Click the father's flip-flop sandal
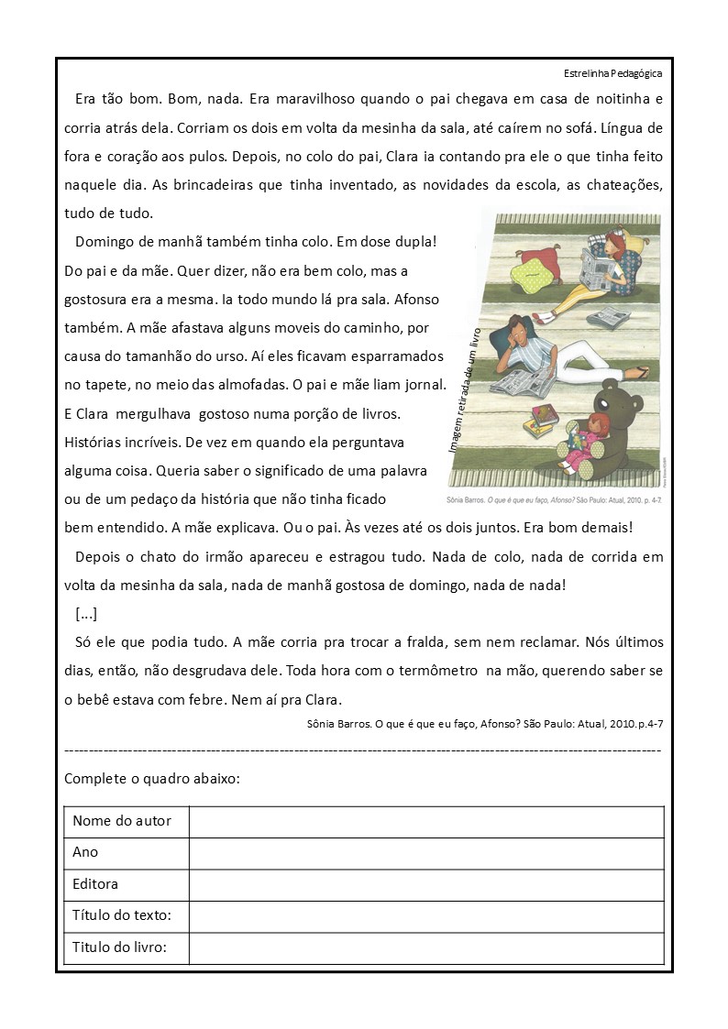click(x=641, y=371)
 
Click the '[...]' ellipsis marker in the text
click(x=86, y=613)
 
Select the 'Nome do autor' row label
click(x=122, y=821)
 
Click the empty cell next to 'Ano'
click(x=426, y=853)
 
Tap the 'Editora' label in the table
click(x=95, y=884)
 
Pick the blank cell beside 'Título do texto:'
click(x=426, y=916)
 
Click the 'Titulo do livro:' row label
click(x=119, y=947)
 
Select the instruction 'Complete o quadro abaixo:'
click(x=152, y=779)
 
